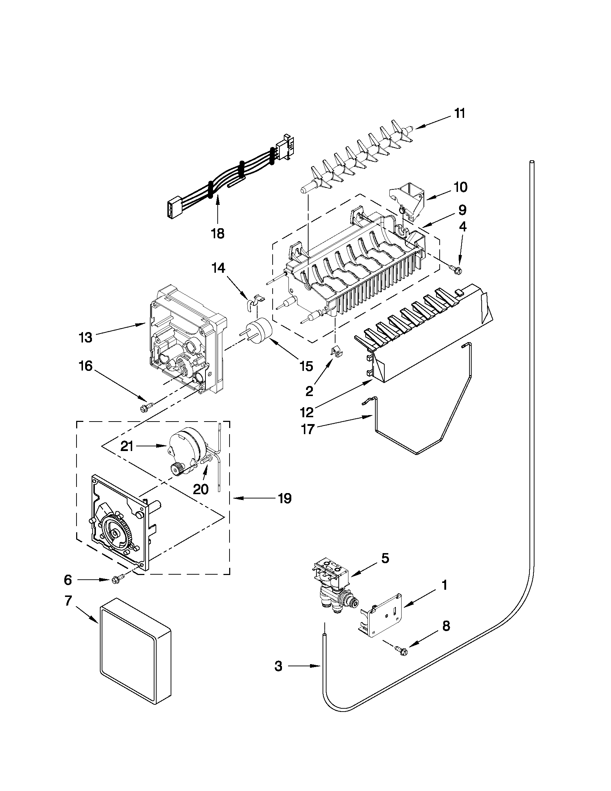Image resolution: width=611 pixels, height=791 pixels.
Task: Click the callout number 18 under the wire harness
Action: [218, 234]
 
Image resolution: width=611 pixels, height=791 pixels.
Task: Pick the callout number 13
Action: [86, 337]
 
